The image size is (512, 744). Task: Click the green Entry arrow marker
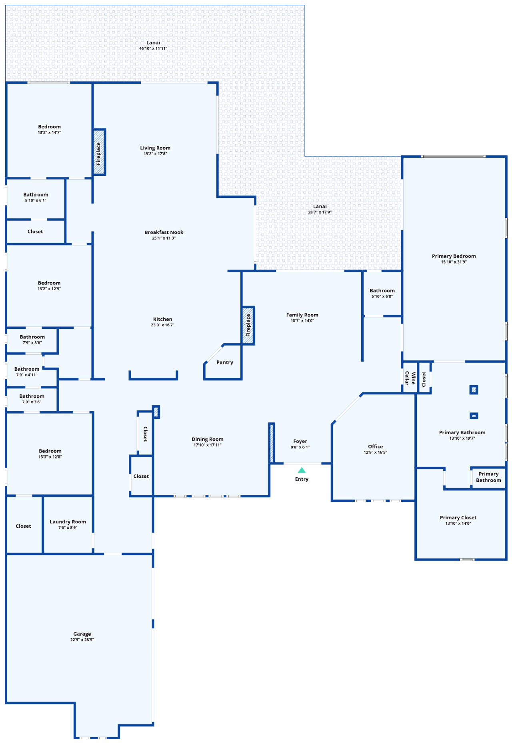tap(302, 470)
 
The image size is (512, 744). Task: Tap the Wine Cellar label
tap(410, 378)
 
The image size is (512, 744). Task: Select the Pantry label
tap(224, 362)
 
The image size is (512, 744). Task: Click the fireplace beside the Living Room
tap(98, 152)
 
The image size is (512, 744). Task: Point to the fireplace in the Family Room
tap(248, 325)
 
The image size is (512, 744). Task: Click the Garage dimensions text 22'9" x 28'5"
tap(82, 639)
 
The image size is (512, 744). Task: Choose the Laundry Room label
tap(68, 522)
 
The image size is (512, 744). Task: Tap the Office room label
tap(375, 446)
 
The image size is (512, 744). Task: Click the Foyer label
tap(300, 441)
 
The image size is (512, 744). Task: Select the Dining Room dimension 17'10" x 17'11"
tap(207, 445)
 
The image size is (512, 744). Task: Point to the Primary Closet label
tap(458, 518)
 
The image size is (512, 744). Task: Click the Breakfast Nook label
tap(164, 232)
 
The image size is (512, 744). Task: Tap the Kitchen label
tap(162, 319)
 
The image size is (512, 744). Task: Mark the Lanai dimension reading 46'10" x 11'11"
tap(153, 48)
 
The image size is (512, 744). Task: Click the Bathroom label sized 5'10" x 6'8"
tap(382, 291)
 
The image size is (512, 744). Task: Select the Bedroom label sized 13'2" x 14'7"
tap(49, 127)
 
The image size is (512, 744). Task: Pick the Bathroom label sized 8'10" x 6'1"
tap(36, 195)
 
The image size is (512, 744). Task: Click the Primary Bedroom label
tap(454, 256)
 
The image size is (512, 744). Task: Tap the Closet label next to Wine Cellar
tap(424, 379)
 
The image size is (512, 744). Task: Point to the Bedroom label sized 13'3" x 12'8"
tap(50, 451)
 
